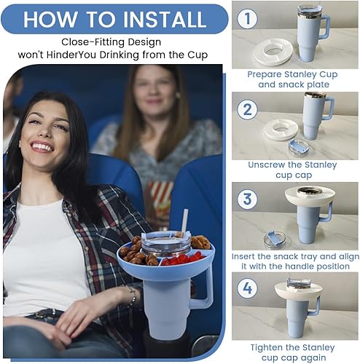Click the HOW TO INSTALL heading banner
click(114, 17)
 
